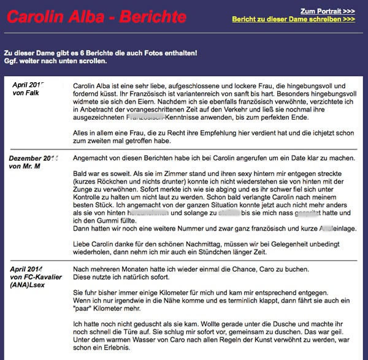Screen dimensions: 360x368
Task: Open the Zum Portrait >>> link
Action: [x=328, y=11]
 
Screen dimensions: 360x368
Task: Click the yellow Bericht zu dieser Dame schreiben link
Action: [x=293, y=20]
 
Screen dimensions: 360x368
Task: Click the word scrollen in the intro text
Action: [x=92, y=61]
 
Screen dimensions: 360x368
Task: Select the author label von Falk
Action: [x=27, y=93]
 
